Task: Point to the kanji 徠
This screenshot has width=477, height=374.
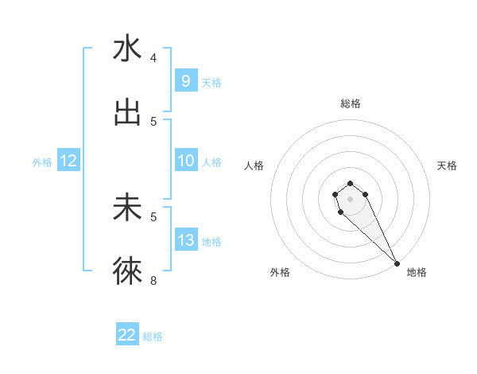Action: [x=127, y=271]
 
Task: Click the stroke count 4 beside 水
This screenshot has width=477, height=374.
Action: [x=153, y=58]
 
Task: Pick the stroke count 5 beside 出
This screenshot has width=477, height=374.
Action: [x=153, y=122]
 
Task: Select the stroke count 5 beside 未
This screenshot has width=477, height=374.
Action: [x=153, y=216]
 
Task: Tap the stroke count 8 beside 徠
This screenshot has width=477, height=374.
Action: [x=153, y=280]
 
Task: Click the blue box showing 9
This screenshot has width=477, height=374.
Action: [x=185, y=81]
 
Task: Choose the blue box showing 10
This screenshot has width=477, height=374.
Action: [x=185, y=161]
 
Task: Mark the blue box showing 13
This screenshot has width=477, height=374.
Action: [x=185, y=240]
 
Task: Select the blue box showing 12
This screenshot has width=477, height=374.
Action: [x=68, y=161]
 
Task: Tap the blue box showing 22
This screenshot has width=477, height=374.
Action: [x=127, y=335]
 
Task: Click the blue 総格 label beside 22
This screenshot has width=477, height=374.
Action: [x=153, y=336]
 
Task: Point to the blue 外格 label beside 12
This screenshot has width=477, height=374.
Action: [x=42, y=162]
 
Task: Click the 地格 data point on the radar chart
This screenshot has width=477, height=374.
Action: [x=397, y=263]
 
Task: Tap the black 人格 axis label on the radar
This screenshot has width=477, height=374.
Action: [x=254, y=166]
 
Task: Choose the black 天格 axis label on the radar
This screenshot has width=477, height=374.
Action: [x=447, y=166]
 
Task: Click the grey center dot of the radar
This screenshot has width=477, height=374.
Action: [x=350, y=197]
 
